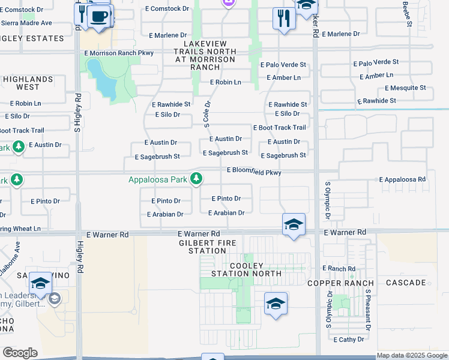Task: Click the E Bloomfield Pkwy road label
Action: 254,172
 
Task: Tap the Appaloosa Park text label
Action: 158,179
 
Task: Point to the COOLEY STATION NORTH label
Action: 255,269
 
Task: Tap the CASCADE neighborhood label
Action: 406,283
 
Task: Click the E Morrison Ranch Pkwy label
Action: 119,53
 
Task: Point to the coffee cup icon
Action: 100,16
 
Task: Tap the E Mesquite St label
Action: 405,88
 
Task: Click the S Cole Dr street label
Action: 207,113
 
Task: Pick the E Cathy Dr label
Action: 349,340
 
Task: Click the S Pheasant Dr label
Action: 367,309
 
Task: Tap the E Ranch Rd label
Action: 339,268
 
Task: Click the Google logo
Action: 20,353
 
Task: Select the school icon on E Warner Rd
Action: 294,225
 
